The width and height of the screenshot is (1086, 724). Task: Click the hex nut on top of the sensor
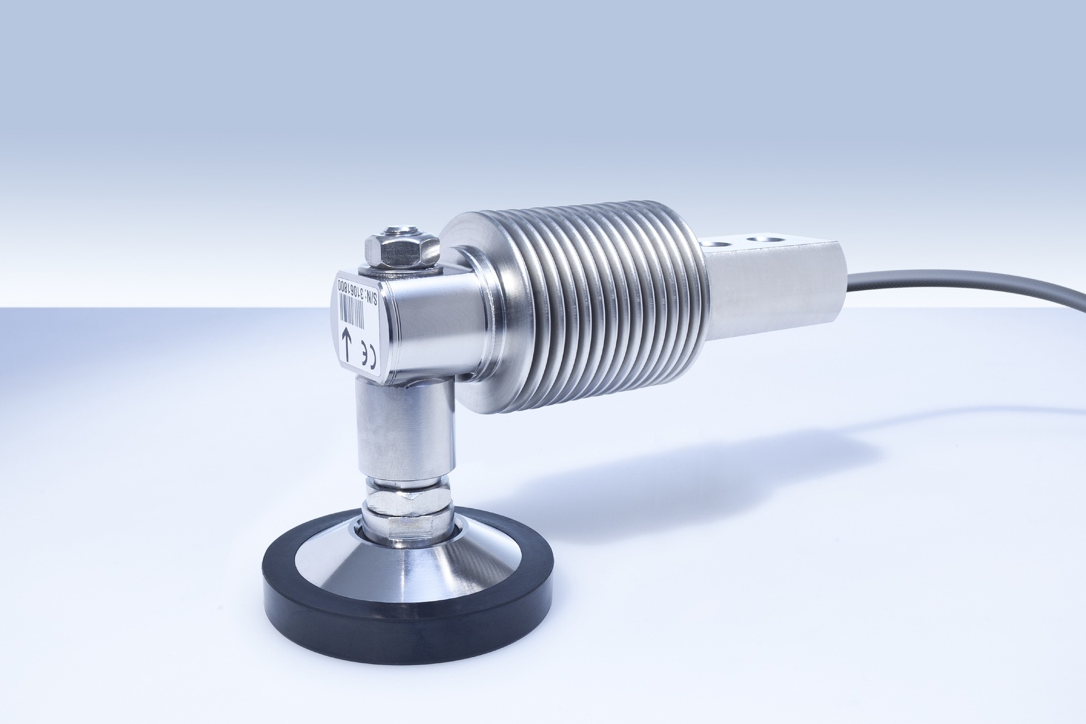pos(401,249)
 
